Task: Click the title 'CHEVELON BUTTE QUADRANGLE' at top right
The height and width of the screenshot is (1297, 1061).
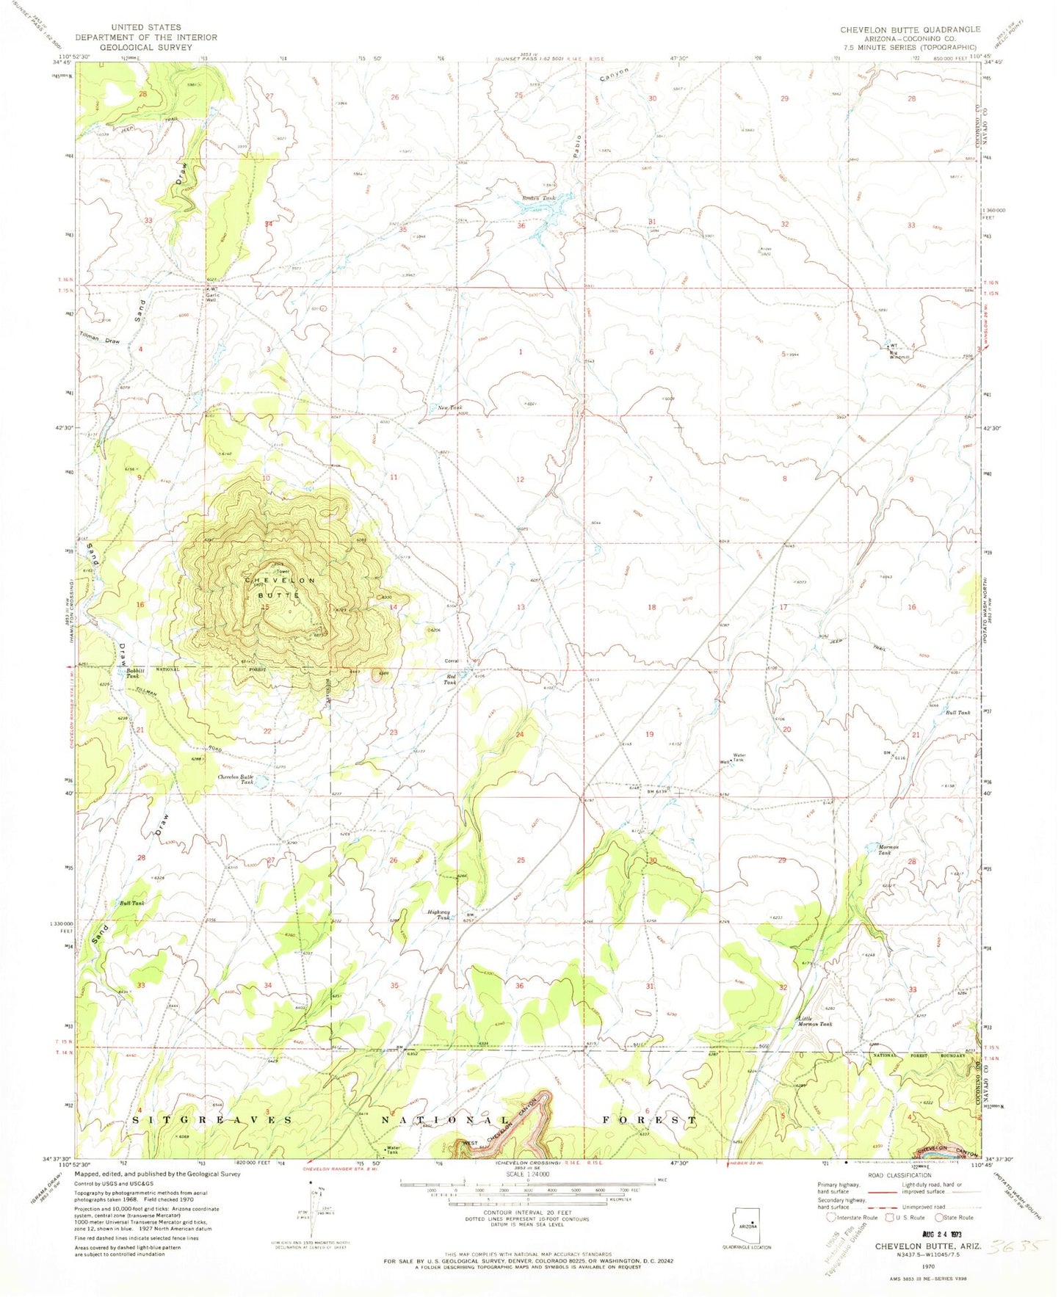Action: click(910, 29)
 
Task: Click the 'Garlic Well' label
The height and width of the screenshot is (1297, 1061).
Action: click(211, 297)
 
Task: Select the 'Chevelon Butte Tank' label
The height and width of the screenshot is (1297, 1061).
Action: click(236, 780)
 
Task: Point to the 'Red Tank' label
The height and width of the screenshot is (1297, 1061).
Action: click(449, 679)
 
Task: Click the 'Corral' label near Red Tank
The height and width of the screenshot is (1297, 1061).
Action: click(452, 661)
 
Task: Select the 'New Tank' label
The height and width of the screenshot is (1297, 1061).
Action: click(449, 407)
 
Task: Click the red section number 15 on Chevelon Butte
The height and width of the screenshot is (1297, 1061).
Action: click(265, 606)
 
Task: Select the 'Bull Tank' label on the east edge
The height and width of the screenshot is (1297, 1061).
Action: click(957, 713)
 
